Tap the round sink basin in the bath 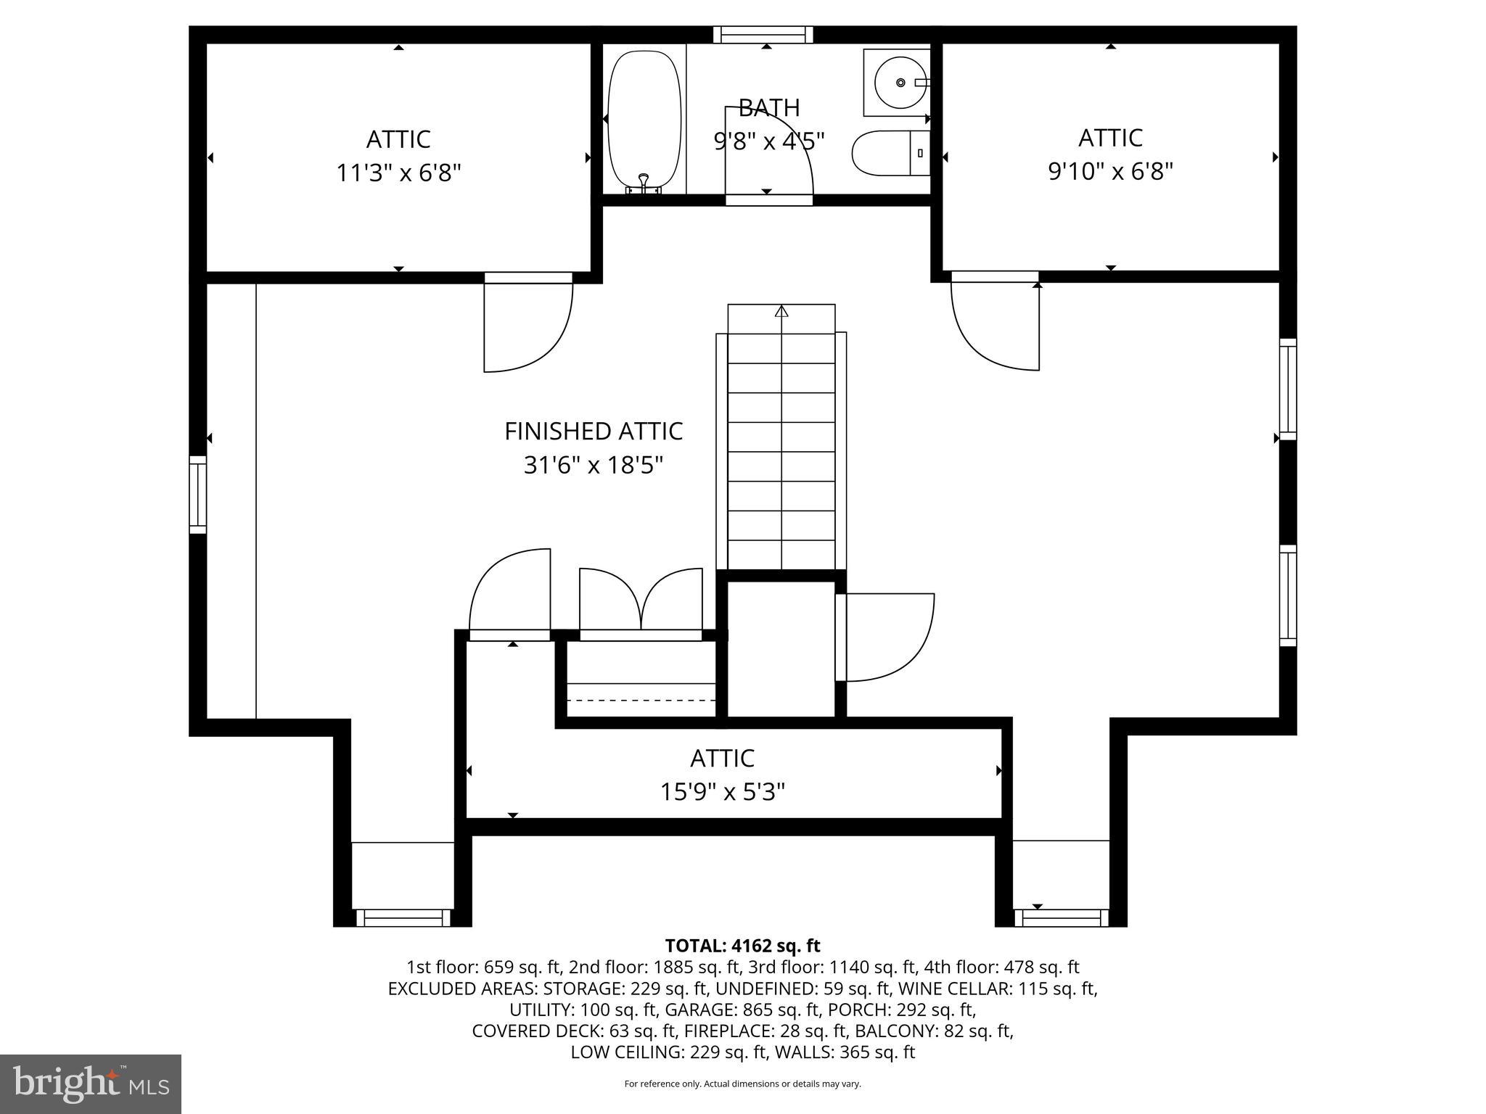click(x=900, y=83)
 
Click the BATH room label click(x=769, y=108)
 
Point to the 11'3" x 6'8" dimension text click(x=398, y=173)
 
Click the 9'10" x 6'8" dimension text click(x=1110, y=172)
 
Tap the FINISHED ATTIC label click(x=594, y=432)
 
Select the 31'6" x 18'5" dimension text click(x=594, y=465)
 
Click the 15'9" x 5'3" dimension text click(x=722, y=792)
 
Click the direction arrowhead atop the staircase click(x=781, y=312)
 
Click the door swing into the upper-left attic click(x=528, y=326)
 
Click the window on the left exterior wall click(x=197, y=495)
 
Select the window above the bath click(x=763, y=34)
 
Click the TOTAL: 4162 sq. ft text click(x=742, y=946)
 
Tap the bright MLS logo click(x=91, y=1084)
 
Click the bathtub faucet click(x=643, y=181)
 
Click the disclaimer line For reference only click(x=742, y=1084)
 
